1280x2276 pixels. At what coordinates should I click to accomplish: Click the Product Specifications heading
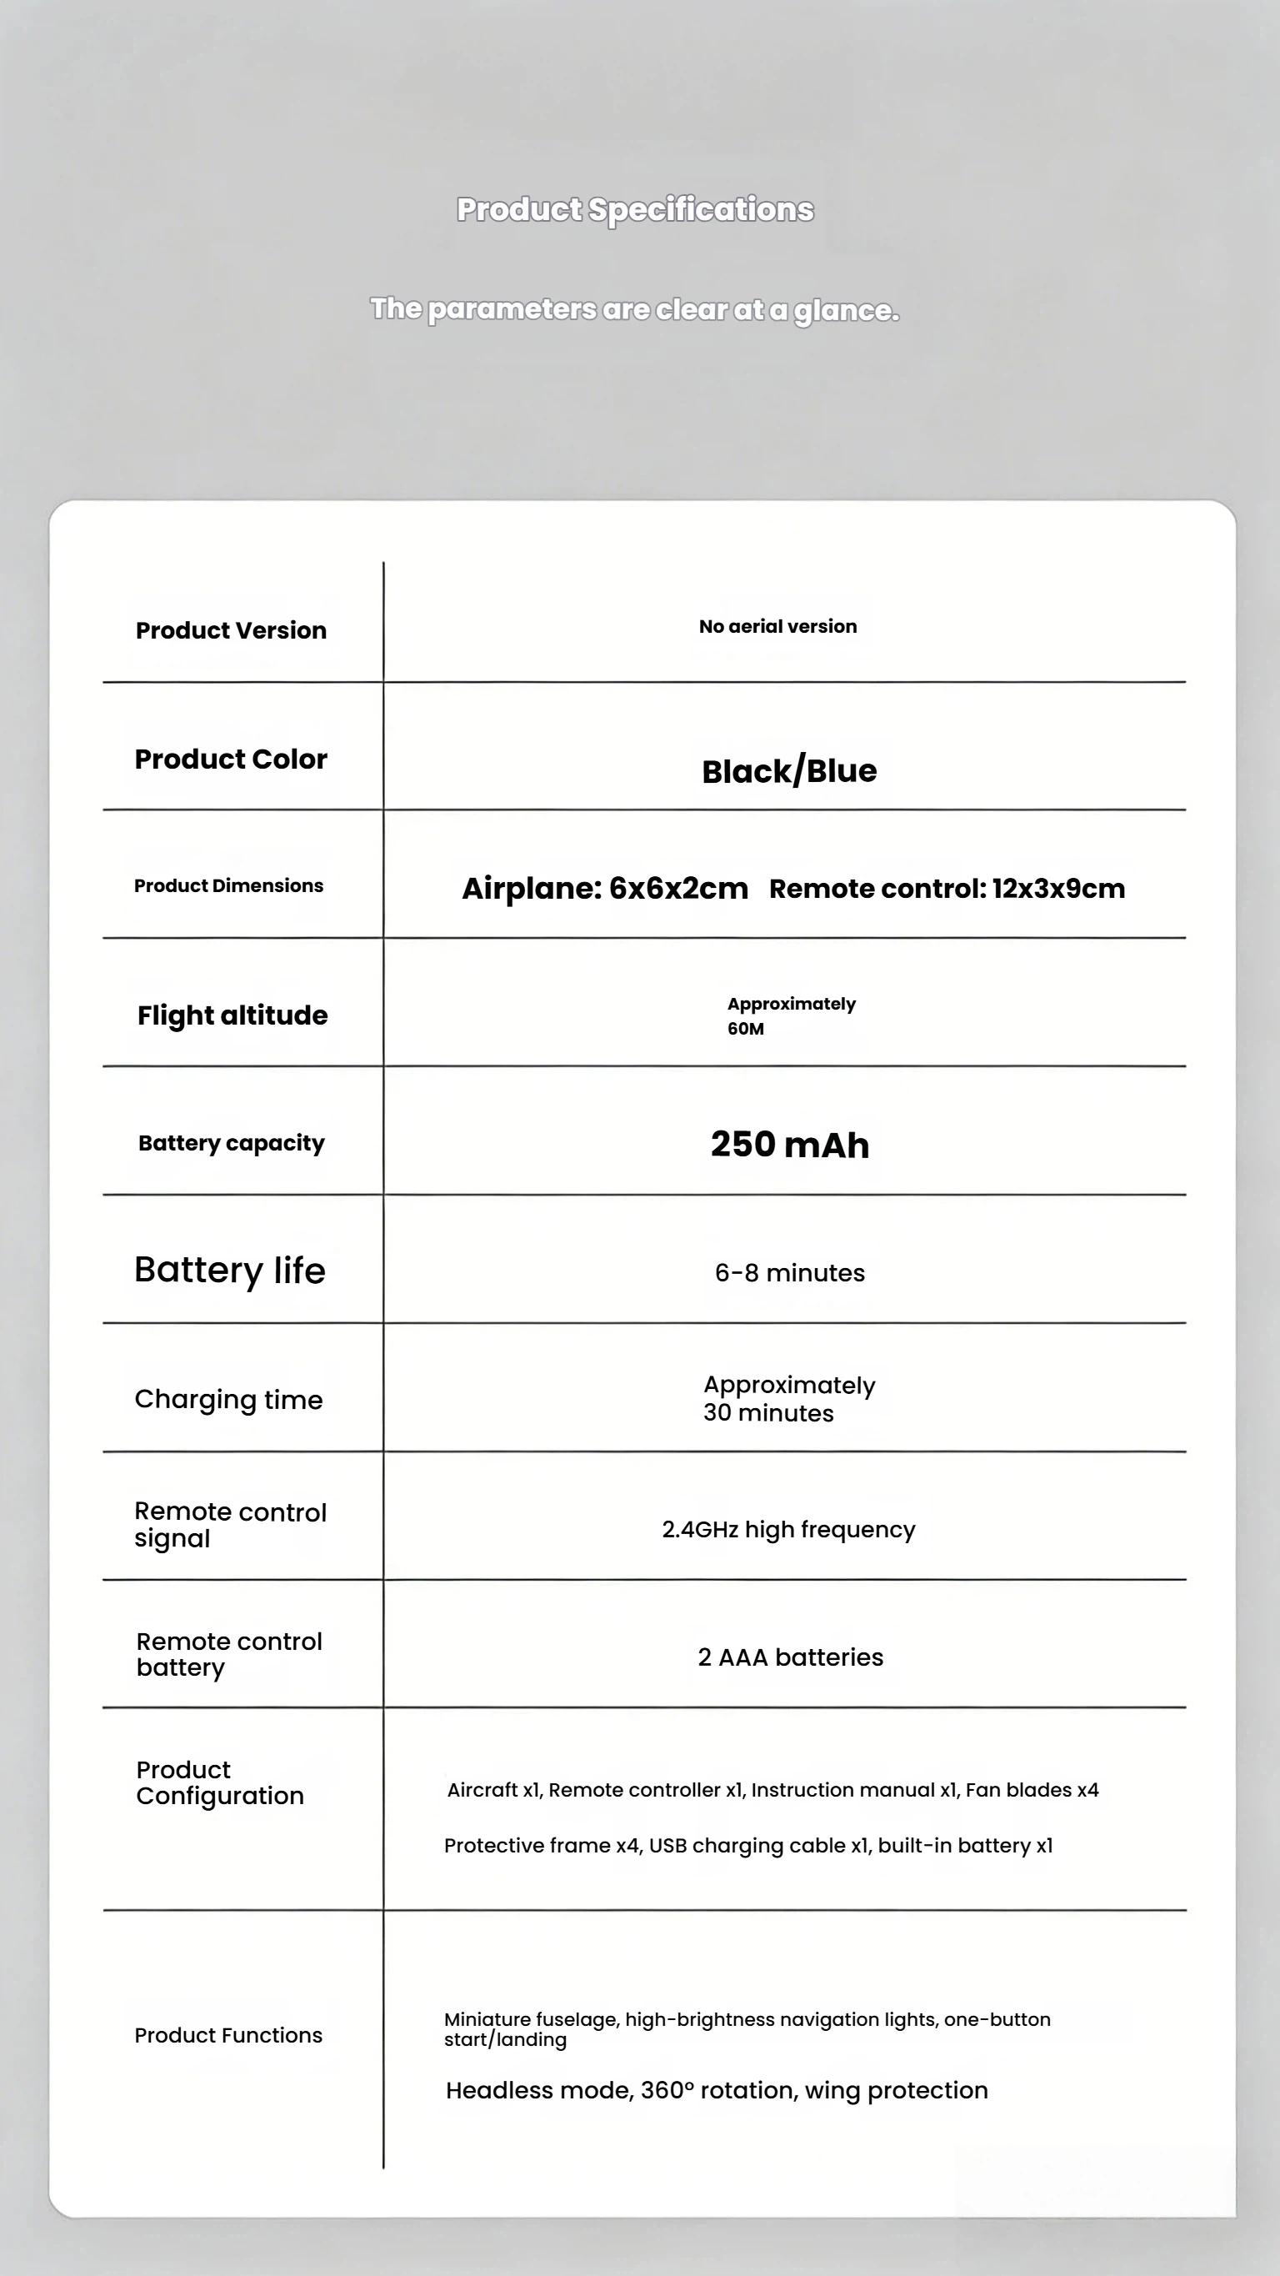pos(634,210)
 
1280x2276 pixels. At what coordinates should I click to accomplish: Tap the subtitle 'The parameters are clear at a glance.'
pos(634,309)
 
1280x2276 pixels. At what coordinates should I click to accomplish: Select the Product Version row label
pos(231,630)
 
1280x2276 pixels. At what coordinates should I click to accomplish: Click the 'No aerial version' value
pos(777,626)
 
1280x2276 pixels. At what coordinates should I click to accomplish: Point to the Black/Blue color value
pos(789,771)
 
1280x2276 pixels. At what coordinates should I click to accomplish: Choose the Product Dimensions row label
pos(229,885)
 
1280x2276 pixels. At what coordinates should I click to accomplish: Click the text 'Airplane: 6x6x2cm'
pos(605,888)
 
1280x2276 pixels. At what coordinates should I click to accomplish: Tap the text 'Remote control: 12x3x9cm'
pos(947,889)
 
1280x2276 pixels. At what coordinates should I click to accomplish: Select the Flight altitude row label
pos(232,1015)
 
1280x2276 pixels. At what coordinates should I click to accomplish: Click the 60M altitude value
pos(747,1029)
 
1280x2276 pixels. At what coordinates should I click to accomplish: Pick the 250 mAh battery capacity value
pos(790,1144)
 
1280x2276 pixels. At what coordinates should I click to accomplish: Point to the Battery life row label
pos(230,1271)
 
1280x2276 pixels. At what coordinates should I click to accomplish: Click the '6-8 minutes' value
pos(790,1273)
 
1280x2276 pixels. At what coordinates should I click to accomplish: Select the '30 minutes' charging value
pos(768,1414)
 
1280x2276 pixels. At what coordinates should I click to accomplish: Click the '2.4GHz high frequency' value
pos(788,1529)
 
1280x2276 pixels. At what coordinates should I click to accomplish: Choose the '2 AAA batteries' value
pos(790,1657)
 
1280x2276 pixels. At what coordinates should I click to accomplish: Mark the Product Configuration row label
pos(220,1783)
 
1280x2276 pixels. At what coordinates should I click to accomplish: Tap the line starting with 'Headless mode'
pos(717,2090)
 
